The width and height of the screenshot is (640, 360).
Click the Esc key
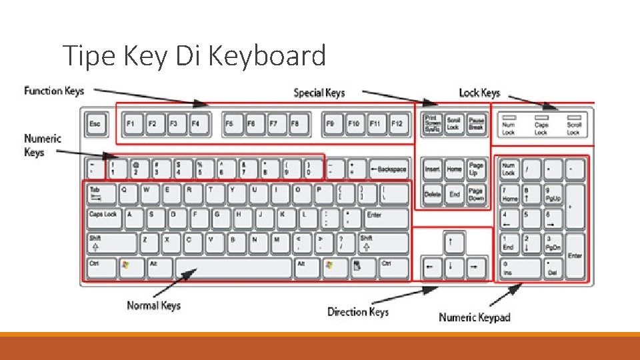pos(95,124)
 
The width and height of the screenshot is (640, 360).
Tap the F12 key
pos(397,124)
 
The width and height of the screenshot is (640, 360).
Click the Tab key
pos(99,193)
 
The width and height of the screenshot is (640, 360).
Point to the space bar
pos(233,268)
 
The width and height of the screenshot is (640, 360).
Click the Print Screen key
pos(433,124)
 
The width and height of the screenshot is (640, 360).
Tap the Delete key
pos(433,195)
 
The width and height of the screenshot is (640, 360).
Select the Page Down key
pos(476,195)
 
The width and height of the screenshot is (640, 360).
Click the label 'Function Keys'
pos(54,90)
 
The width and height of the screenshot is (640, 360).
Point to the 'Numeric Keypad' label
pos(475,317)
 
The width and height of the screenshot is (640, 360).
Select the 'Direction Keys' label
pos(358,311)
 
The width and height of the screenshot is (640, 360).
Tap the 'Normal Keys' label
pos(153,305)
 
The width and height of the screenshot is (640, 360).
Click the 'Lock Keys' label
pos(479,92)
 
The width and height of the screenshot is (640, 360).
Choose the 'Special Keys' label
pos(319,92)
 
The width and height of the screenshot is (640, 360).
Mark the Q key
pos(127,193)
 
